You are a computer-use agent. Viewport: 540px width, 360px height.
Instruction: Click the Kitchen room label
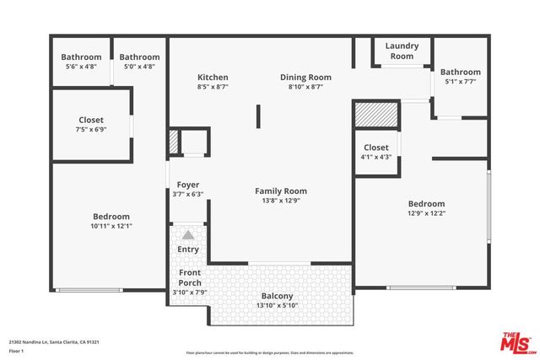coord(213,78)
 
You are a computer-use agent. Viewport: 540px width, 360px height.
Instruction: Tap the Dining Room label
coord(305,78)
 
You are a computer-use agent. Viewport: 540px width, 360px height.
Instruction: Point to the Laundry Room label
coord(401,51)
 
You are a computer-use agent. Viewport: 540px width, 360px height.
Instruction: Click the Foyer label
coord(187,185)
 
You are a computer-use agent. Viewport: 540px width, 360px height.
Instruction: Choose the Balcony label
coord(277,296)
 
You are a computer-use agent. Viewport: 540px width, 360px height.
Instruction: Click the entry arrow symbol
coord(187,236)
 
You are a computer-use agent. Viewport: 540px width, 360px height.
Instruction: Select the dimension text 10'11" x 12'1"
coord(111,226)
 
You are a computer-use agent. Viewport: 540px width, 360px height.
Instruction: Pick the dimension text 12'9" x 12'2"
coord(426,213)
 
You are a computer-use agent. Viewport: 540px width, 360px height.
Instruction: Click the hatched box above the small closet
coord(375,114)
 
